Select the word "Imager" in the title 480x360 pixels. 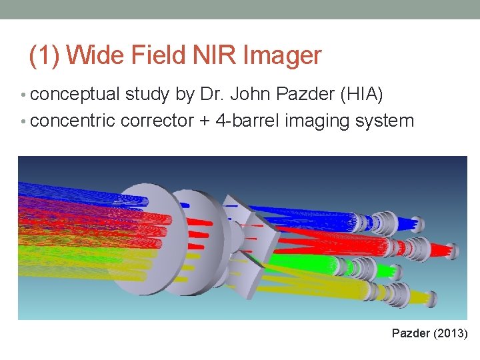point(283,55)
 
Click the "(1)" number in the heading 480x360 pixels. point(46,55)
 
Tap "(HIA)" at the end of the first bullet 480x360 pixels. point(361,95)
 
